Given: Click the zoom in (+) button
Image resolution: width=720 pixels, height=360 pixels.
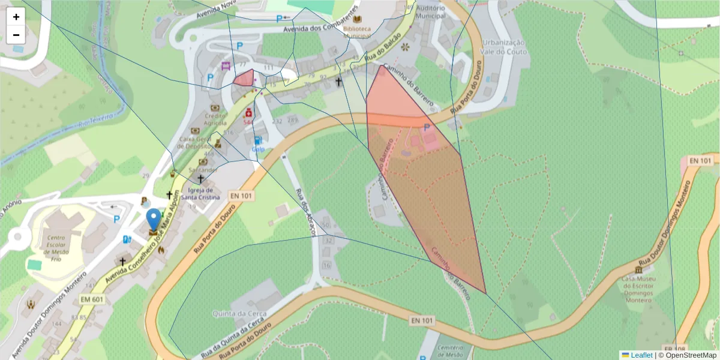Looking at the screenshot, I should (16, 17).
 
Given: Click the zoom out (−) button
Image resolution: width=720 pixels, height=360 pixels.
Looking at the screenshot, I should (16, 35).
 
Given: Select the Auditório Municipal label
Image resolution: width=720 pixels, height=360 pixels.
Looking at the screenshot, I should (430, 12).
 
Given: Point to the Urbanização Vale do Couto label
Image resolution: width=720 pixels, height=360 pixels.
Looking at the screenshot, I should (504, 47).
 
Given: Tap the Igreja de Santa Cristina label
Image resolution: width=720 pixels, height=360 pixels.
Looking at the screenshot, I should (200, 194).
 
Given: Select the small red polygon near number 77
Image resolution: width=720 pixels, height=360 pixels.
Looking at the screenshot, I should (244, 79).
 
